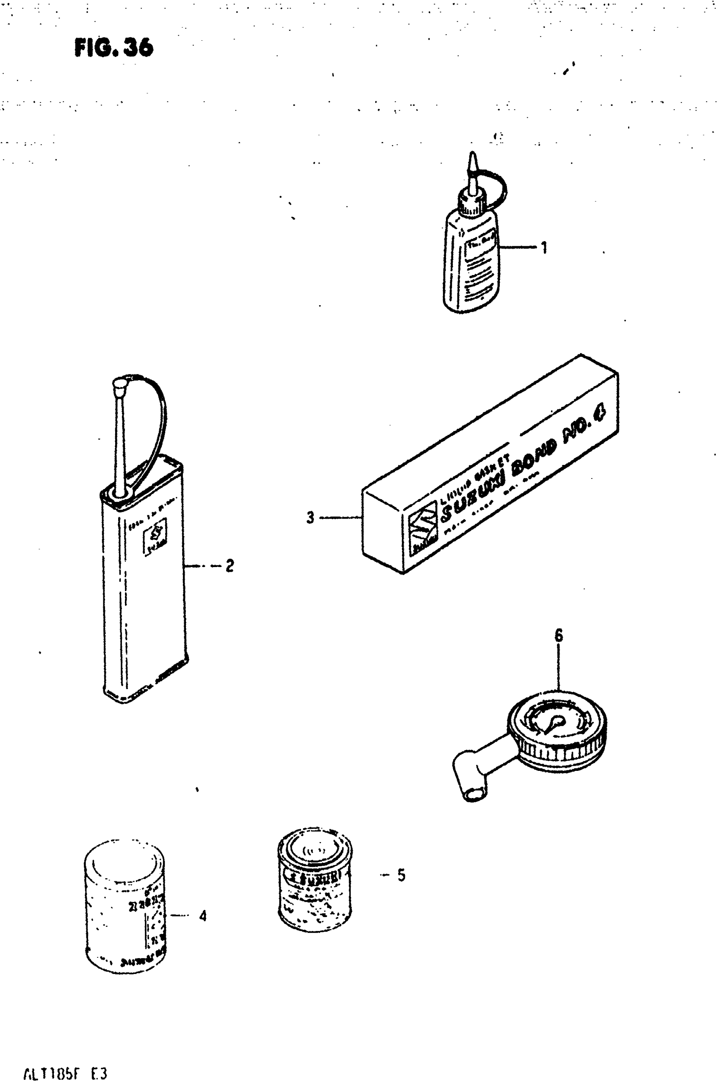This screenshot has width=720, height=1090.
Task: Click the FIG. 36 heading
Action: pos(114,47)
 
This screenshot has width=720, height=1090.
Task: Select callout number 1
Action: pos(544,248)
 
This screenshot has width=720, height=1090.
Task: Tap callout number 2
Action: pos(230,565)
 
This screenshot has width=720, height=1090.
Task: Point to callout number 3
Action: pos(310,518)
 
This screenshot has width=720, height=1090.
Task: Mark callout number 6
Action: pos(558,635)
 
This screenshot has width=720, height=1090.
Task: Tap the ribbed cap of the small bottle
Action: pos(471,205)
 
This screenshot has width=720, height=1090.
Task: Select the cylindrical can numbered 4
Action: pos(125,907)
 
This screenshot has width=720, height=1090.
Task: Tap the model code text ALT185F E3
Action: pos(65,1074)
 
